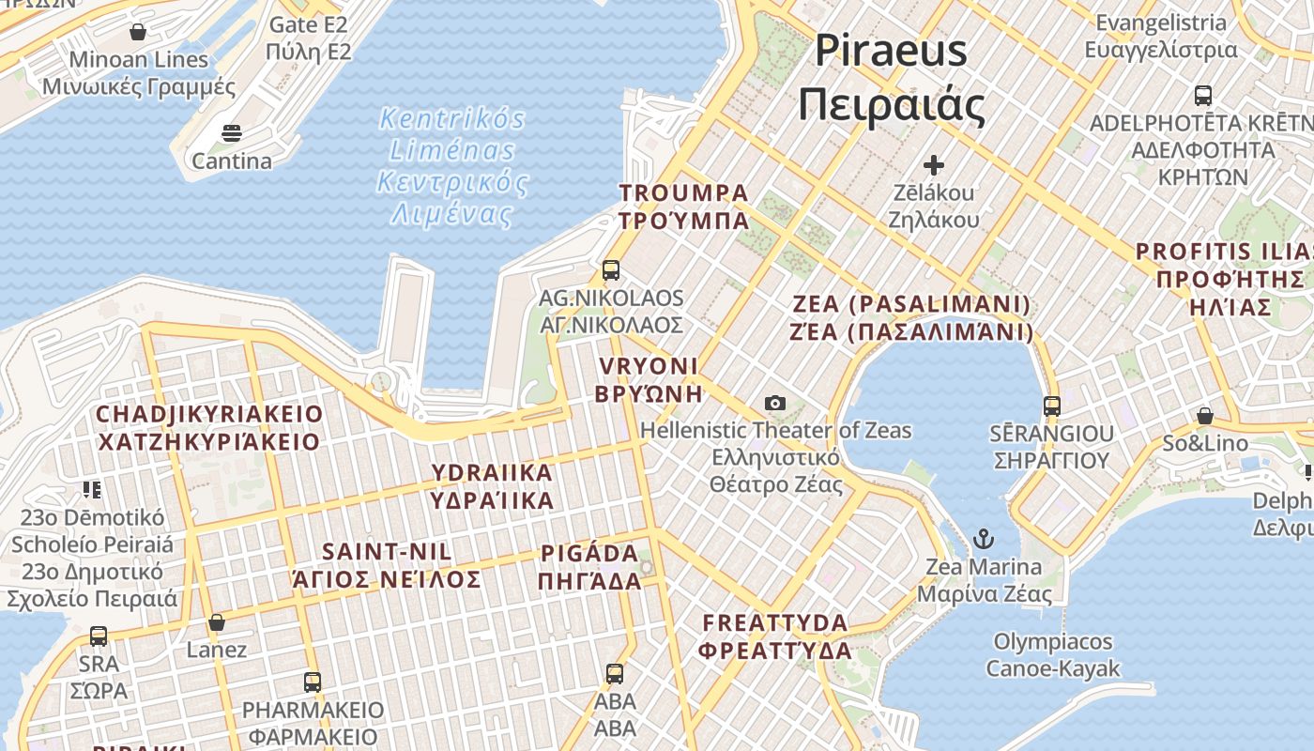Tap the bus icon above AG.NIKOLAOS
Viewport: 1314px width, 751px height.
click(611, 270)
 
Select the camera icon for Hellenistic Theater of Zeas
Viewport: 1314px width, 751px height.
click(775, 403)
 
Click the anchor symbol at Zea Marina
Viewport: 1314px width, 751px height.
click(983, 539)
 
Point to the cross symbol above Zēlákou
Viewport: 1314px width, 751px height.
click(933, 166)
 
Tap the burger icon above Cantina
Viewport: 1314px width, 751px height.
click(232, 133)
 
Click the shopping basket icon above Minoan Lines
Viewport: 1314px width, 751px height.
click(138, 32)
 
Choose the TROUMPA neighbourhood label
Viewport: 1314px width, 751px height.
click(683, 207)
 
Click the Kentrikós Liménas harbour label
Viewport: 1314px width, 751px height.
click(452, 166)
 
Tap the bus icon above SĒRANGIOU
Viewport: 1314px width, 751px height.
click(1051, 406)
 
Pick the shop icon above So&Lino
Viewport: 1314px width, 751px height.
click(1205, 416)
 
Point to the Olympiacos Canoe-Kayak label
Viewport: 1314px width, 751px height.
click(1052, 655)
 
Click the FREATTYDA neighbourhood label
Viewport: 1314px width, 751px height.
click(775, 636)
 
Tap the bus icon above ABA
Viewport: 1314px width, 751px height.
click(615, 673)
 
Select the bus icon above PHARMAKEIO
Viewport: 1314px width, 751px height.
click(313, 682)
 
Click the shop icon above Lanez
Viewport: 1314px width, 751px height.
click(217, 622)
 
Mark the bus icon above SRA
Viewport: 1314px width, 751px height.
click(99, 636)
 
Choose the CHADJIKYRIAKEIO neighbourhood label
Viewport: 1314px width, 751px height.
click(209, 427)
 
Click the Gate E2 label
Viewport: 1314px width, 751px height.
click(309, 38)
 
